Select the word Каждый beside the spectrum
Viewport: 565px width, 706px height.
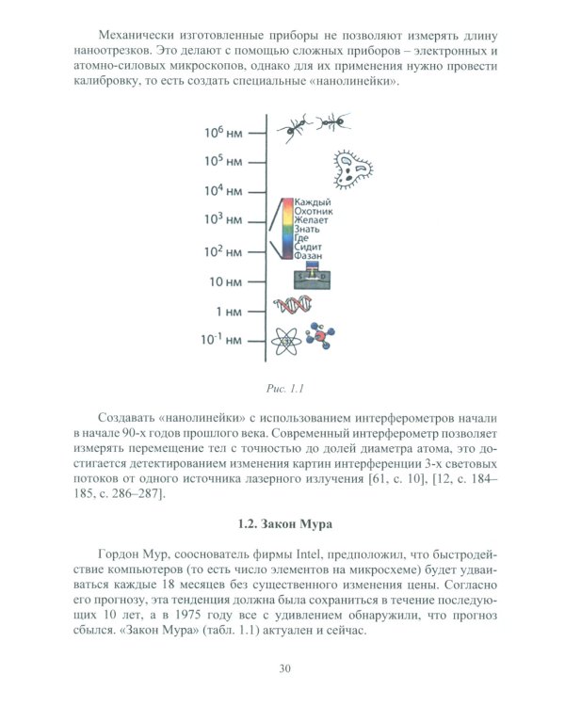(x=313, y=203)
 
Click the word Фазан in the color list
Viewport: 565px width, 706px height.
(x=310, y=256)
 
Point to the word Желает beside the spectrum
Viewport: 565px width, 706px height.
(x=312, y=221)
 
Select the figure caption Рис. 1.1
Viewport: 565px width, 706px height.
(x=282, y=388)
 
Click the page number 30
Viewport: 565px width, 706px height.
(x=282, y=668)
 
